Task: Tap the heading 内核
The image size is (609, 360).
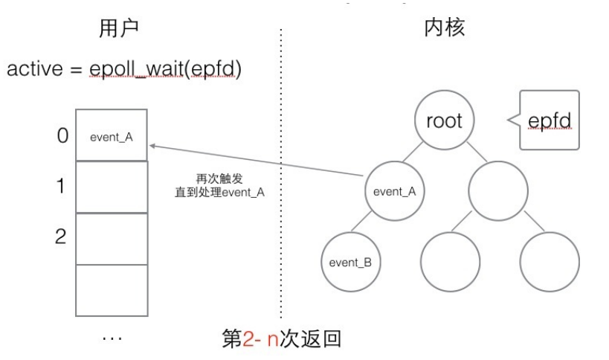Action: pyautogui.click(x=444, y=28)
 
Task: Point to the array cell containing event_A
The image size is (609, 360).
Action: pyautogui.click(x=112, y=136)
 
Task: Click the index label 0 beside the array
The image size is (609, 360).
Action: pyautogui.click(x=62, y=136)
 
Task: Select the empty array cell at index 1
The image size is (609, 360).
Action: pyautogui.click(x=112, y=187)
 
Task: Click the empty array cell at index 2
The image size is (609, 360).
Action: pyautogui.click(x=112, y=238)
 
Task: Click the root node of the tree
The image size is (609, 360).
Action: pyautogui.click(x=444, y=120)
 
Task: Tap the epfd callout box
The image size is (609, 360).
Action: pyautogui.click(x=549, y=120)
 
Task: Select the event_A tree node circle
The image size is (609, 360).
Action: pyautogui.click(x=393, y=190)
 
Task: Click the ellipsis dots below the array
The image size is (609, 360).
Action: pyautogui.click(x=112, y=338)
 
